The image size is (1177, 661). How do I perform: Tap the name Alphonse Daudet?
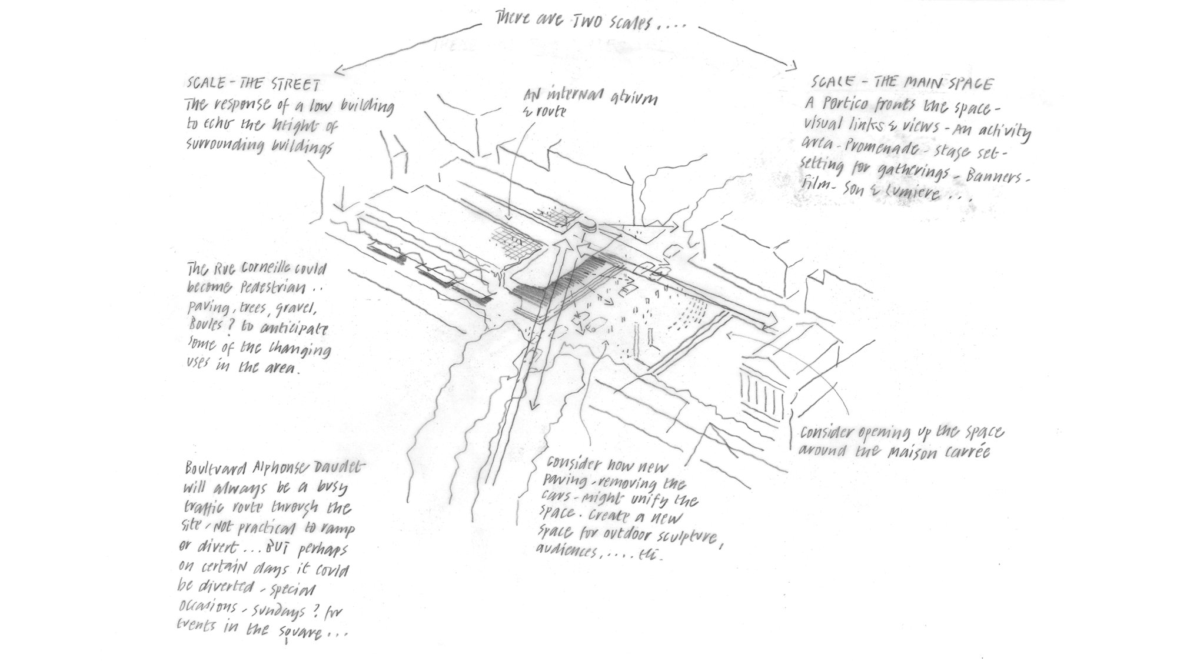305,469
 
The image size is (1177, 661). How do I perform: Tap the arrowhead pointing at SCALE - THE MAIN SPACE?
792,65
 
